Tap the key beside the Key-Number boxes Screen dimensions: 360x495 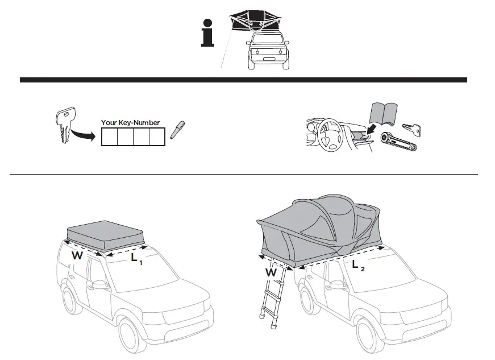click(64, 125)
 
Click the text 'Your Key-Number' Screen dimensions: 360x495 click(130, 122)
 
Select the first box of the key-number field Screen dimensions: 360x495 click(109, 137)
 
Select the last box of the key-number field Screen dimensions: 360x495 click(157, 137)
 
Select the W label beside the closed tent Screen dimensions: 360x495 click(77, 256)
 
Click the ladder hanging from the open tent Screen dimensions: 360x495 click(272, 301)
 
